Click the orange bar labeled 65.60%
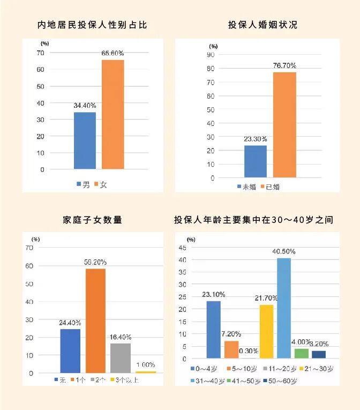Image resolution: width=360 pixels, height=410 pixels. (x=112, y=114)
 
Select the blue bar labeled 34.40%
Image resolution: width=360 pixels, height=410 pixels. (x=85, y=140)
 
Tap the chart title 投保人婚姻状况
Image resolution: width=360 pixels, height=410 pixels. (x=262, y=25)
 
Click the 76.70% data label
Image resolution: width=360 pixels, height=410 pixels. (x=284, y=65)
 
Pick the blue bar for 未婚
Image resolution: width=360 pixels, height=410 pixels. (x=256, y=161)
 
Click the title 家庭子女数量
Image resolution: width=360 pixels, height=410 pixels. (x=92, y=220)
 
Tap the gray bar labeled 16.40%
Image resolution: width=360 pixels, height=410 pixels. (x=121, y=358)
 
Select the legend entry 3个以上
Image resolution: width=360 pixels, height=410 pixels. (x=124, y=379)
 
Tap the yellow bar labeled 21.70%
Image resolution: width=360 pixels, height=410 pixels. (x=266, y=331)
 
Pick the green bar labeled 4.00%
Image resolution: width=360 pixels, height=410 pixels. (x=302, y=353)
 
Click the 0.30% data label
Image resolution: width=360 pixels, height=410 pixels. (x=249, y=351)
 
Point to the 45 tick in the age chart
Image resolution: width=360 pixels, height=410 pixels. (x=197, y=248)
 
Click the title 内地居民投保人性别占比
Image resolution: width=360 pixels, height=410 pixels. (x=92, y=25)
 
